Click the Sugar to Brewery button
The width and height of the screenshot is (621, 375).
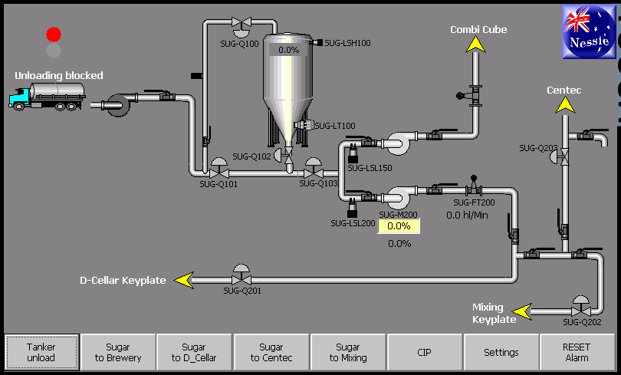tap(118, 353)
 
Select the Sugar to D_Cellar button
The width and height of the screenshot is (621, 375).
tap(194, 353)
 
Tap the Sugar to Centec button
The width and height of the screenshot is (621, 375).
tap(271, 353)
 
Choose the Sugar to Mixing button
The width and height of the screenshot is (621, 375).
tap(348, 353)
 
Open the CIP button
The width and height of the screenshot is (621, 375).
tap(425, 353)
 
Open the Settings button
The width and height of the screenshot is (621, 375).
tap(501, 353)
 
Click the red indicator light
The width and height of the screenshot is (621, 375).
tap(54, 35)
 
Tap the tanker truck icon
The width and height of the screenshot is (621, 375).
tap(47, 96)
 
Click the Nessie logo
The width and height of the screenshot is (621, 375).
tap(589, 31)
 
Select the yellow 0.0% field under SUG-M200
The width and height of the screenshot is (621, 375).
tap(399, 226)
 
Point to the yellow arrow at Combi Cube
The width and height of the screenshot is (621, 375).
tap(475, 44)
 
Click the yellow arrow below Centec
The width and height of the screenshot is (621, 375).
tap(565, 105)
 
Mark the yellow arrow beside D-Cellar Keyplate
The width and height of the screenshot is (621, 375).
tap(184, 280)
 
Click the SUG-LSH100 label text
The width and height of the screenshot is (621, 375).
tap(348, 43)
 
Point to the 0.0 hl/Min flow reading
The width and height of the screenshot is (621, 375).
tap(467, 215)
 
